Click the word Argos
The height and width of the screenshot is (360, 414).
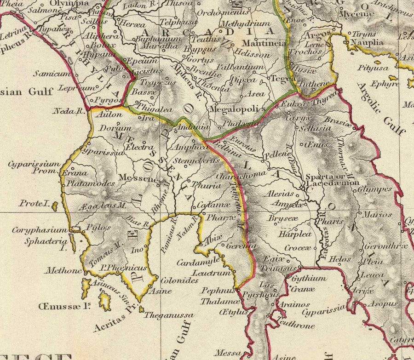tap(318, 35)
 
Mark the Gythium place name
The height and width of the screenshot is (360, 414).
tap(309, 278)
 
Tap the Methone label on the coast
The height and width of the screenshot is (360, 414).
tap(63, 270)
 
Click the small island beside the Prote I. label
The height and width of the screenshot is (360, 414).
tap(55, 206)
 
